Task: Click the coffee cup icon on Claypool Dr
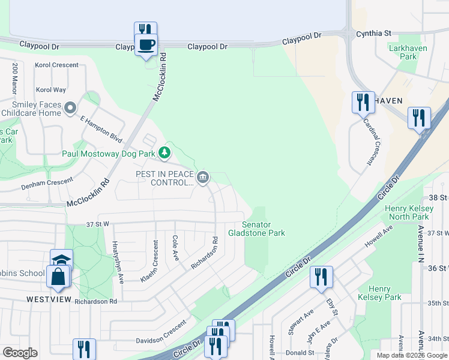pyautogui.click(x=146, y=44)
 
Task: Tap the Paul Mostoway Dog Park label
pyautogui.click(x=109, y=153)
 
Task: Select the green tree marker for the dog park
pyautogui.click(x=164, y=152)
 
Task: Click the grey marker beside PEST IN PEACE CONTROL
pyautogui.click(x=203, y=177)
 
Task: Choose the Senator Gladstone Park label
pyautogui.click(x=256, y=229)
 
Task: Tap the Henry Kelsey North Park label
pyautogui.click(x=408, y=212)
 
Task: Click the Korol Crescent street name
pyautogui.click(x=57, y=65)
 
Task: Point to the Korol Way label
pyautogui.click(x=51, y=89)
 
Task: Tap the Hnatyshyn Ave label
pyautogui.click(x=117, y=262)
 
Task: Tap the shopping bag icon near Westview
pyautogui.click(x=58, y=277)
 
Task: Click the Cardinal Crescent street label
pyautogui.click(x=372, y=142)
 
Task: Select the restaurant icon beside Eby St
pyautogui.click(x=321, y=277)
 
